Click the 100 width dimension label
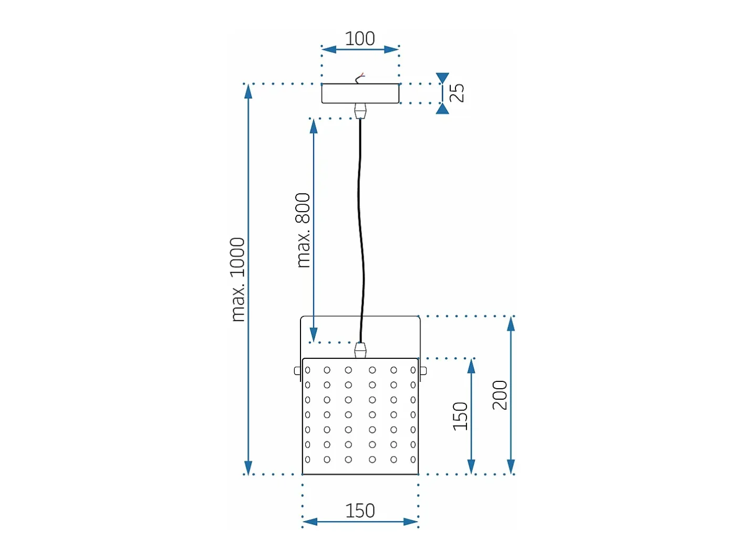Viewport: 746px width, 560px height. [359, 38]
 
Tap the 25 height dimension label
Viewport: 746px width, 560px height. [457, 92]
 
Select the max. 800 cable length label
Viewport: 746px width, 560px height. [303, 230]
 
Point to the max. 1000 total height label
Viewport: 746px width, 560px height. [237, 279]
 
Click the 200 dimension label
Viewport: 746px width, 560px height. [500, 395]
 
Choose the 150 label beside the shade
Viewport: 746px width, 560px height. [460, 416]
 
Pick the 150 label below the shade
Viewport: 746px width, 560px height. [360, 511]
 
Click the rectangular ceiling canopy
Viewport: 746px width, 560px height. [360, 93]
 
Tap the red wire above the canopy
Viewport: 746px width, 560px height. [361, 75]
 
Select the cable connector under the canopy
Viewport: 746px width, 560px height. [360, 111]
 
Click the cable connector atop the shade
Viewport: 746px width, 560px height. [360, 350]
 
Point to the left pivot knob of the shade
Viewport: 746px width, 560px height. [297, 370]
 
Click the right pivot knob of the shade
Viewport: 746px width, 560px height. [423, 370]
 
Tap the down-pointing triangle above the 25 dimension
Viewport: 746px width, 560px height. [442, 78]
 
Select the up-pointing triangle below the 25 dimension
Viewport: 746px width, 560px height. [442, 108]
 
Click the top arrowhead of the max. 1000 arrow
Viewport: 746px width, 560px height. [248, 91]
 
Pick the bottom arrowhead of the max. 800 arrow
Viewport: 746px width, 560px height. [313, 335]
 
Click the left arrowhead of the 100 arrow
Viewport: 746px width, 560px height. [329, 49]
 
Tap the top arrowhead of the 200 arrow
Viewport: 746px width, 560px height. [511, 324]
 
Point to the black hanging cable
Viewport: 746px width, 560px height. [360, 231]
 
